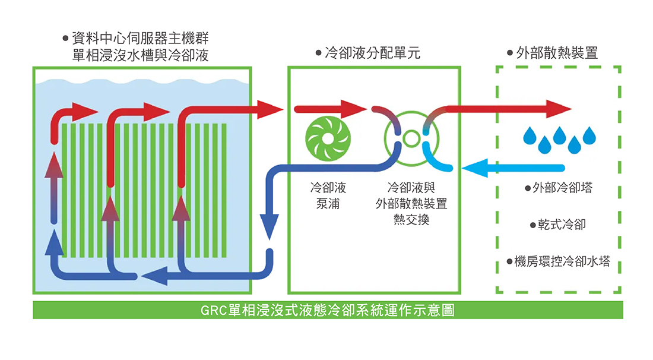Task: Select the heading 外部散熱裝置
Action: [x=557, y=53]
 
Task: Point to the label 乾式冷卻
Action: [x=562, y=225]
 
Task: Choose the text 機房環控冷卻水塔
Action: [x=562, y=261]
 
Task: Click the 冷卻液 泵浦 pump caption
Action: [x=328, y=195]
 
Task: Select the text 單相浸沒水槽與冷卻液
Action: [x=140, y=55]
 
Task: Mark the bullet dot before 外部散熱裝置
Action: [x=510, y=54]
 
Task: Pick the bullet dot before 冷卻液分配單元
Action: [x=319, y=54]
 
